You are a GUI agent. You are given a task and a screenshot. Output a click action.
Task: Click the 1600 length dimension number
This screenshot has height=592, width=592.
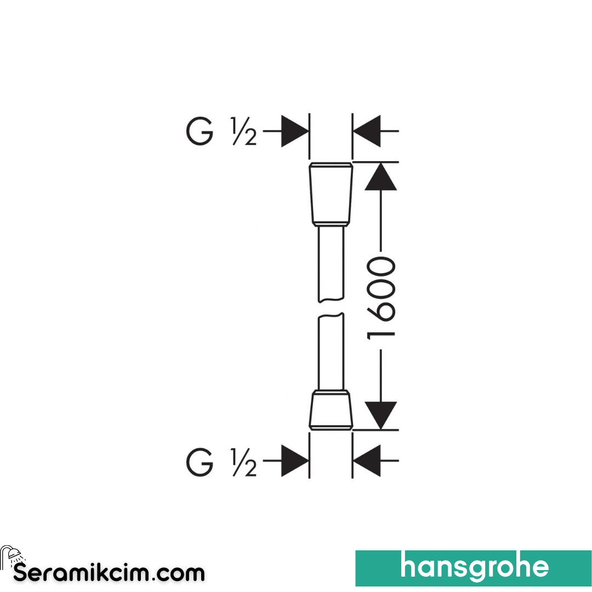(381, 298)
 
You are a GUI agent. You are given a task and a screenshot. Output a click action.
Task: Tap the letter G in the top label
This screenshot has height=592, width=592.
(200, 131)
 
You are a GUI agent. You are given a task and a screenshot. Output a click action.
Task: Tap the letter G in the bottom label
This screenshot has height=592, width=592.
(200, 462)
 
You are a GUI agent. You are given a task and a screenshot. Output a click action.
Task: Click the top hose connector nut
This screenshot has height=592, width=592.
(331, 194)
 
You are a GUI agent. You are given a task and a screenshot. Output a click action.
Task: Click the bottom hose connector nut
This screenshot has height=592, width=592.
(331, 411)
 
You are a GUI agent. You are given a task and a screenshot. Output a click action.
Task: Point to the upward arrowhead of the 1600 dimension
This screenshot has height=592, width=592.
(380, 177)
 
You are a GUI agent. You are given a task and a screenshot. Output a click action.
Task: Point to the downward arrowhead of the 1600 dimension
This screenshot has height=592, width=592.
(380, 415)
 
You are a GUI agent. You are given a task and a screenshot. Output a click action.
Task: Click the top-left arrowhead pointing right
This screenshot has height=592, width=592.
(295, 131)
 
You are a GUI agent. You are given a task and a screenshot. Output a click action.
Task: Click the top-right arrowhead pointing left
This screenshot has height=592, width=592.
(367, 131)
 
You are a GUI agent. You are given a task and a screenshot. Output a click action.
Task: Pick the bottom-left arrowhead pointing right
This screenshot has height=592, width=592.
(295, 460)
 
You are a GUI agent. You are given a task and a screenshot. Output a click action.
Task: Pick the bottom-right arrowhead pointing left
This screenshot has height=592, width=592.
(367, 460)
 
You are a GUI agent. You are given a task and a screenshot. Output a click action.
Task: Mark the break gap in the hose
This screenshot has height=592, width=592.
(331, 308)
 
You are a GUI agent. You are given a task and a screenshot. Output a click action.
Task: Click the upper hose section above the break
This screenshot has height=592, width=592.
(331, 264)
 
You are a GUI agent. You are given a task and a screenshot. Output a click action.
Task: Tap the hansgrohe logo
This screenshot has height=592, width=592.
(474, 568)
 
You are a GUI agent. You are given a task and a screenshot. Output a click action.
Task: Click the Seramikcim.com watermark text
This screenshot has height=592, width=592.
(109, 573)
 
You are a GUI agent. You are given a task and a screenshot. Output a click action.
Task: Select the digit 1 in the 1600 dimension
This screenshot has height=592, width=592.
(381, 334)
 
